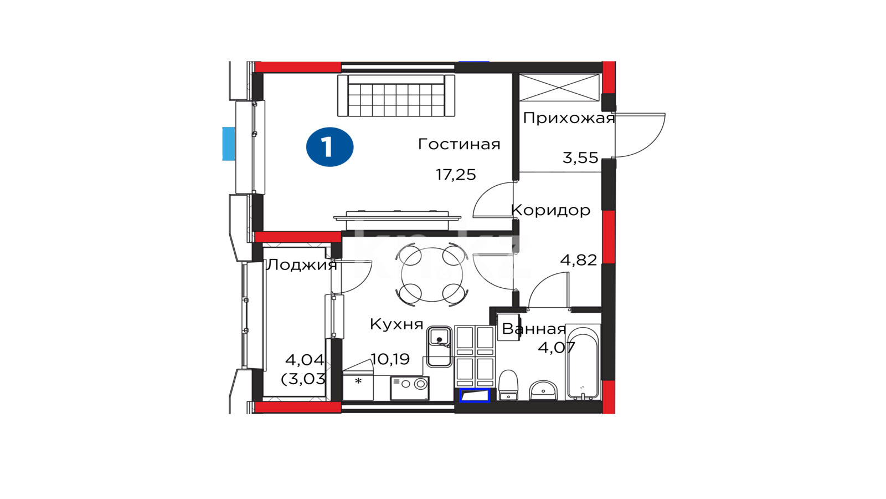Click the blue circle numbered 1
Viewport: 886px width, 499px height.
pos(329,147)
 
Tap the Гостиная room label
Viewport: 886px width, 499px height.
pos(459,144)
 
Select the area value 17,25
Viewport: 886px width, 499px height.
pos(456,175)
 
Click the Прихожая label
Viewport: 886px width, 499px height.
pos(569,118)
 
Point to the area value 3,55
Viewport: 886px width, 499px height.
pos(580,157)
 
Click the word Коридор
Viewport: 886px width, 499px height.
pos(550,210)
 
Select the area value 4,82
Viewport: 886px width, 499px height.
pos(579,260)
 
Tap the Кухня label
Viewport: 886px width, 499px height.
pos(396,324)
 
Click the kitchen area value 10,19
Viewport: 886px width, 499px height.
pos(390,359)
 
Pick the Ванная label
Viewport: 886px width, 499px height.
pos(534,329)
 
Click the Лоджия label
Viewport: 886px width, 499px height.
pos(301,265)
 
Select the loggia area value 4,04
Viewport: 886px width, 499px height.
pos(305,360)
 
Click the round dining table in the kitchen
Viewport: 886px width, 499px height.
pos(432,274)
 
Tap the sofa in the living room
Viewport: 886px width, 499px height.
pos(396,95)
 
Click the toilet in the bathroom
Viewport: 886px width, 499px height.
pos(508,385)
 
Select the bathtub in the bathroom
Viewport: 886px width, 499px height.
pos(583,361)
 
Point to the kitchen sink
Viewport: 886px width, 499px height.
pos(439,347)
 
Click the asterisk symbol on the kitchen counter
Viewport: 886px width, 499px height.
pos(358,381)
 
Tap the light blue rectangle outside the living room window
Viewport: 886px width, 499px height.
pos(228,144)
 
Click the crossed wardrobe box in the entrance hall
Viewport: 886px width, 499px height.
pos(559,88)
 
